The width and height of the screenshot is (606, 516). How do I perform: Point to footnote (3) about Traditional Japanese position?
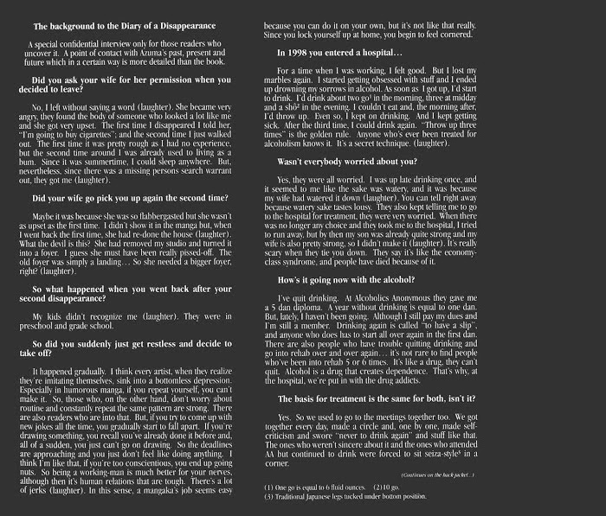[x=334, y=498]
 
